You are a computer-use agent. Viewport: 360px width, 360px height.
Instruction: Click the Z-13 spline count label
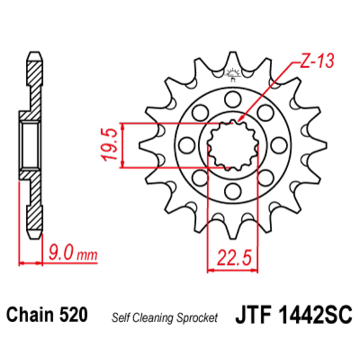click(311, 63)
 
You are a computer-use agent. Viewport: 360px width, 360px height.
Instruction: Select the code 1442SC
click(313, 315)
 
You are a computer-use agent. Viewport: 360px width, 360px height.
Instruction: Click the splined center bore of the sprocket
click(233, 145)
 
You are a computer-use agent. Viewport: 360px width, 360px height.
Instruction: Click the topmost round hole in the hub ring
click(233, 100)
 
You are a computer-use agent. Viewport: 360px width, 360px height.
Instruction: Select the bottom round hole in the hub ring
click(233, 192)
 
